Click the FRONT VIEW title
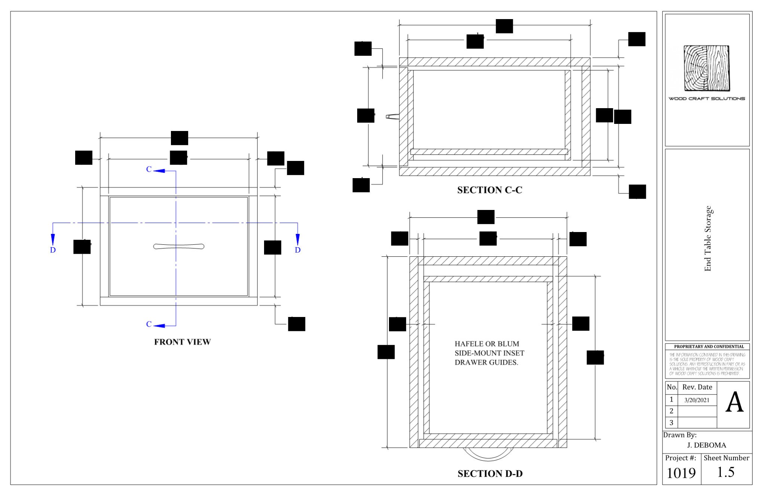point(183,342)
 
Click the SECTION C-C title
point(489,190)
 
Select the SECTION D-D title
point(490,474)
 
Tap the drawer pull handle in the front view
point(179,247)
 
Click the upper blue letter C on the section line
point(149,170)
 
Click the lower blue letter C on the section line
point(149,324)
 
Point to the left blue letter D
point(53,250)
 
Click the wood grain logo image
point(707,68)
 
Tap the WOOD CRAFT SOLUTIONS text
point(707,98)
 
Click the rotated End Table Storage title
point(708,238)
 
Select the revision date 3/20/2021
point(696,400)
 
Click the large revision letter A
point(734,403)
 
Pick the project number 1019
point(681,473)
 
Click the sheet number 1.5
point(726,472)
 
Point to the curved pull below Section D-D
point(488,454)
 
